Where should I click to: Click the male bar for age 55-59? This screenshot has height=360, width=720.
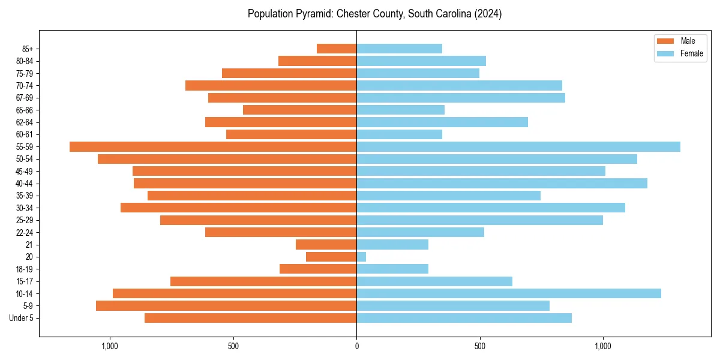click(x=213, y=147)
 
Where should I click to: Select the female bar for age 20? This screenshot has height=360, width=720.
click(x=361, y=257)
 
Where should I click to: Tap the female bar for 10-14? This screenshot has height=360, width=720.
click(x=509, y=293)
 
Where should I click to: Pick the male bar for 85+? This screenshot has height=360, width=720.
click(x=337, y=49)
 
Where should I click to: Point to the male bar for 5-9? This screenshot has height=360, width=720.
click(x=226, y=306)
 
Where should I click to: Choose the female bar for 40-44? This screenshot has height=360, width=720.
click(x=502, y=184)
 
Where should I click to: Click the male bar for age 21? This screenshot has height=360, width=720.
click(x=326, y=245)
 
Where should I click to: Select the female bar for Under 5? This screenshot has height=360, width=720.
click(x=464, y=318)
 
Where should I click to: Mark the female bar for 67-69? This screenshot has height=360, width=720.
click(x=461, y=98)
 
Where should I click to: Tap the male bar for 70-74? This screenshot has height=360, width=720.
click(x=271, y=86)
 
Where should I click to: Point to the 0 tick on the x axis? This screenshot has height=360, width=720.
click(x=356, y=346)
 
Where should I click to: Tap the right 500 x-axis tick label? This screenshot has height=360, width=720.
click(x=479, y=346)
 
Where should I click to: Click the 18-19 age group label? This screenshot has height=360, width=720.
click(x=24, y=269)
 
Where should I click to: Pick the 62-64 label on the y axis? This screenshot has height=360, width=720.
click(x=24, y=122)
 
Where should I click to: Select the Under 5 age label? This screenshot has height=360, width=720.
click(x=22, y=318)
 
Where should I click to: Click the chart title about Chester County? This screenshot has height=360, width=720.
click(x=374, y=14)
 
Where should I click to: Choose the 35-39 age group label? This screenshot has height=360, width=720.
click(x=24, y=196)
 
